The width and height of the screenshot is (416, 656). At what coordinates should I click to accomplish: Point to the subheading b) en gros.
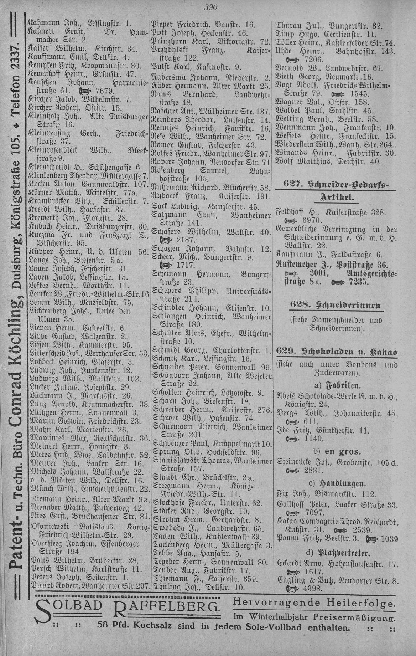coord(336,451)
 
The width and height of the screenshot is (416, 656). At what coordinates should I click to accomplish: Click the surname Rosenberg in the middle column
coord(172,170)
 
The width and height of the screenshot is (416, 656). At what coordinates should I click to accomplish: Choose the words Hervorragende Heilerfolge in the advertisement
coord(313,603)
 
